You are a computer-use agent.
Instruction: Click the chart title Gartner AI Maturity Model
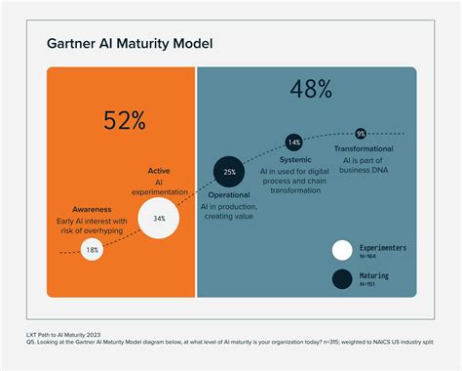coord(131,45)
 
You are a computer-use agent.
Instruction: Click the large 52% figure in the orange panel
coord(124,121)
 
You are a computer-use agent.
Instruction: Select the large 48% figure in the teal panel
coord(311,91)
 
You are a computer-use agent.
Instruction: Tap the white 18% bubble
coord(92,250)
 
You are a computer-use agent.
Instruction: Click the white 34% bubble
coord(158,219)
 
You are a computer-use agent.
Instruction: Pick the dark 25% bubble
coord(229,171)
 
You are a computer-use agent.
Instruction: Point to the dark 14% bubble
coord(293,143)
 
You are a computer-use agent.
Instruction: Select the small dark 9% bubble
coord(360,133)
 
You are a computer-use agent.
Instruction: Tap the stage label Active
coord(158,170)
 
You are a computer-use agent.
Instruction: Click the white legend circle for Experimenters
coord(342,250)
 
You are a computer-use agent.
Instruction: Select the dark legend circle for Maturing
coord(342,280)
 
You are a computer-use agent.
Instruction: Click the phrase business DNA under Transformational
coord(361,170)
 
